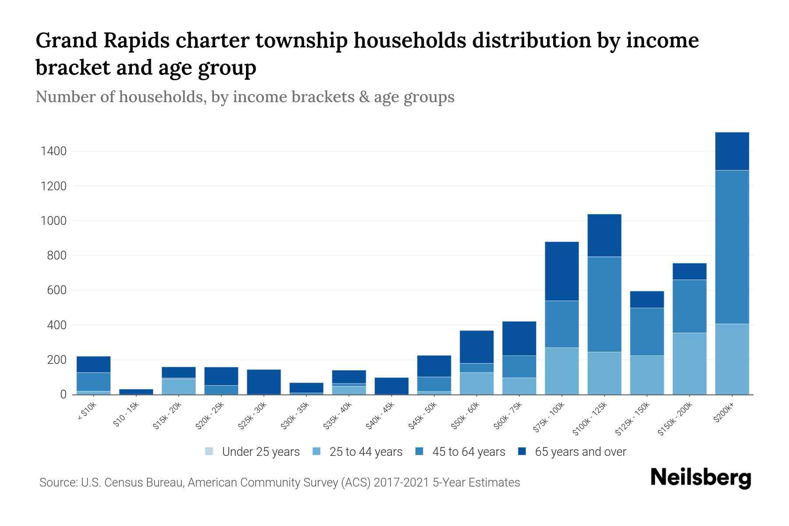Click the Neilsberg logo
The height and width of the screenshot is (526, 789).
click(x=700, y=478)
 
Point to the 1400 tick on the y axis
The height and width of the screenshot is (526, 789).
click(x=53, y=152)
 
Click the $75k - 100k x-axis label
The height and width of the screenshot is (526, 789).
click(x=549, y=419)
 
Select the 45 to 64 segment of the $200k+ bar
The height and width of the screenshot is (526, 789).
click(x=732, y=247)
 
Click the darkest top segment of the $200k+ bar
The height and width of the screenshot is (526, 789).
click(x=732, y=151)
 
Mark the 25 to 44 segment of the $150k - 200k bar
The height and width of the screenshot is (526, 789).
click(x=689, y=363)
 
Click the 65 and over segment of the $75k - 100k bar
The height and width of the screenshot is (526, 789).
click(x=562, y=271)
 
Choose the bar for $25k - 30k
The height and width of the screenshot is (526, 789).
click(x=264, y=382)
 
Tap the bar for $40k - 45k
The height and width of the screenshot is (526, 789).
click(x=391, y=386)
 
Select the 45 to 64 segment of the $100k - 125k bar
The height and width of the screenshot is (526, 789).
click(x=604, y=304)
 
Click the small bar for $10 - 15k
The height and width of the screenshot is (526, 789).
click(x=136, y=391)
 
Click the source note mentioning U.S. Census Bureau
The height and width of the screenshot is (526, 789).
click(x=279, y=483)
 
